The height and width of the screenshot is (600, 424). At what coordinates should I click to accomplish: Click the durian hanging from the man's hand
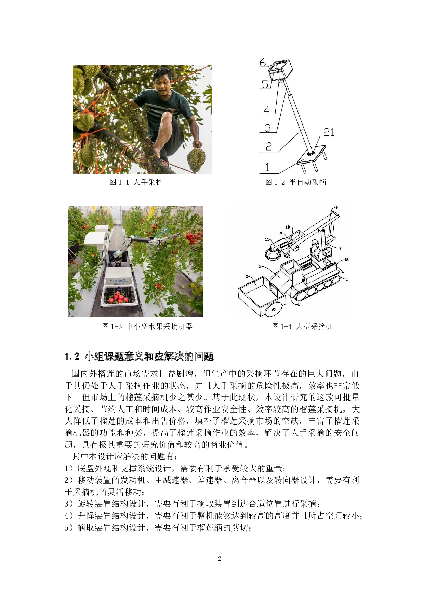point(196,160)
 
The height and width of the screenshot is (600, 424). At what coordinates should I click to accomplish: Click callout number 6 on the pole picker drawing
point(263,63)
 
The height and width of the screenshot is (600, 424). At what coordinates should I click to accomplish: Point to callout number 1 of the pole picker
point(267,167)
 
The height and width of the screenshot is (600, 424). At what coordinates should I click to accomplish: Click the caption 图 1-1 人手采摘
point(136,182)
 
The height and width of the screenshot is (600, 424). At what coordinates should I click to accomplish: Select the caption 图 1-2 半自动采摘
point(296,182)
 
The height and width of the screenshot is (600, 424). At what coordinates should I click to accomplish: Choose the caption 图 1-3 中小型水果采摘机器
point(147,326)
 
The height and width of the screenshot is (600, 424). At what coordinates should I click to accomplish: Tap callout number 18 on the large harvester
point(346,260)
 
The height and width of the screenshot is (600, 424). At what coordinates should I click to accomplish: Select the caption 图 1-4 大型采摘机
point(302,326)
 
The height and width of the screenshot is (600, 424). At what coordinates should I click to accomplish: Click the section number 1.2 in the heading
point(72,356)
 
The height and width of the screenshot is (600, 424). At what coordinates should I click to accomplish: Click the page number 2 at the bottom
point(220,559)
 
